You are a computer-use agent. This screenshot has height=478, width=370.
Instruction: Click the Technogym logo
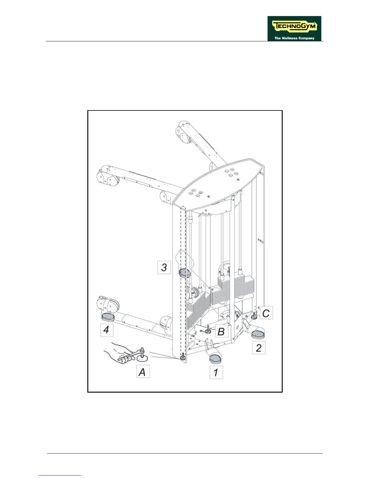[x=294, y=28]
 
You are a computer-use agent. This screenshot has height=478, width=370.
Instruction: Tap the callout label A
[x=143, y=371]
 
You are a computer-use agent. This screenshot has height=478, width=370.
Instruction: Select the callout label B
[x=221, y=331]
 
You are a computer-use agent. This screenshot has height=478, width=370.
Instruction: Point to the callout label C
[x=266, y=313]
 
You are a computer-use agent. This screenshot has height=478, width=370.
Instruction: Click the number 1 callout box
[x=216, y=372]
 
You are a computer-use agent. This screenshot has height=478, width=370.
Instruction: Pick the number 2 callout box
[x=259, y=348]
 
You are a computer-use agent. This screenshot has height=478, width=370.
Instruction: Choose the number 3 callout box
[x=164, y=267]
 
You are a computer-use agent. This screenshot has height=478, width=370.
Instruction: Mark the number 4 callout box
[x=106, y=330]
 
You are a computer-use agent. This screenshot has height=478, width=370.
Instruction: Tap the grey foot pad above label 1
[x=215, y=358]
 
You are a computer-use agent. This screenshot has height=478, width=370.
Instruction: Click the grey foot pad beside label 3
[x=184, y=273]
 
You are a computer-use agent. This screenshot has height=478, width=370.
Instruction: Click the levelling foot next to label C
[x=255, y=316]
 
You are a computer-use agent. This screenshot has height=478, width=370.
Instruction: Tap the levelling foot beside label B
[x=208, y=330]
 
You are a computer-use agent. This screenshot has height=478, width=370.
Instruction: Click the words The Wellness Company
[x=294, y=38]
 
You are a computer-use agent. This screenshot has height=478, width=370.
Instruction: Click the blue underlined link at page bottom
[x=60, y=475]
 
